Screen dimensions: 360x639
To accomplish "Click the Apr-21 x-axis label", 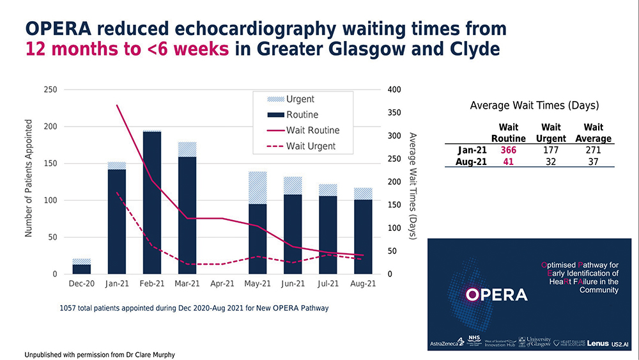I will (222, 284).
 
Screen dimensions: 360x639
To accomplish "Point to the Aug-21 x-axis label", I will (362, 284).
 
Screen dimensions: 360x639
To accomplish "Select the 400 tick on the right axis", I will (394, 90).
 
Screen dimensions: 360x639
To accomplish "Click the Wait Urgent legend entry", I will (311, 146).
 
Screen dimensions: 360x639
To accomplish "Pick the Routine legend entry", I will (302, 114).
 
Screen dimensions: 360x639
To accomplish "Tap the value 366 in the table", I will (508, 150).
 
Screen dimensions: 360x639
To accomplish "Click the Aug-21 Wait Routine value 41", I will (509, 162).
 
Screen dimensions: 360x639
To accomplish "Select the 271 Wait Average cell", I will (593, 150).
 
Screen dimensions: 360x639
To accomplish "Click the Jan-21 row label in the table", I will (472, 150).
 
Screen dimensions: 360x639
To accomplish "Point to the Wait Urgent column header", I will (550, 133).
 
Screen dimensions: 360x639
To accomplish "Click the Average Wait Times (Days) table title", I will (534, 106).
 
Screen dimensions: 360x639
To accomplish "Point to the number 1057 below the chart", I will (68, 308).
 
